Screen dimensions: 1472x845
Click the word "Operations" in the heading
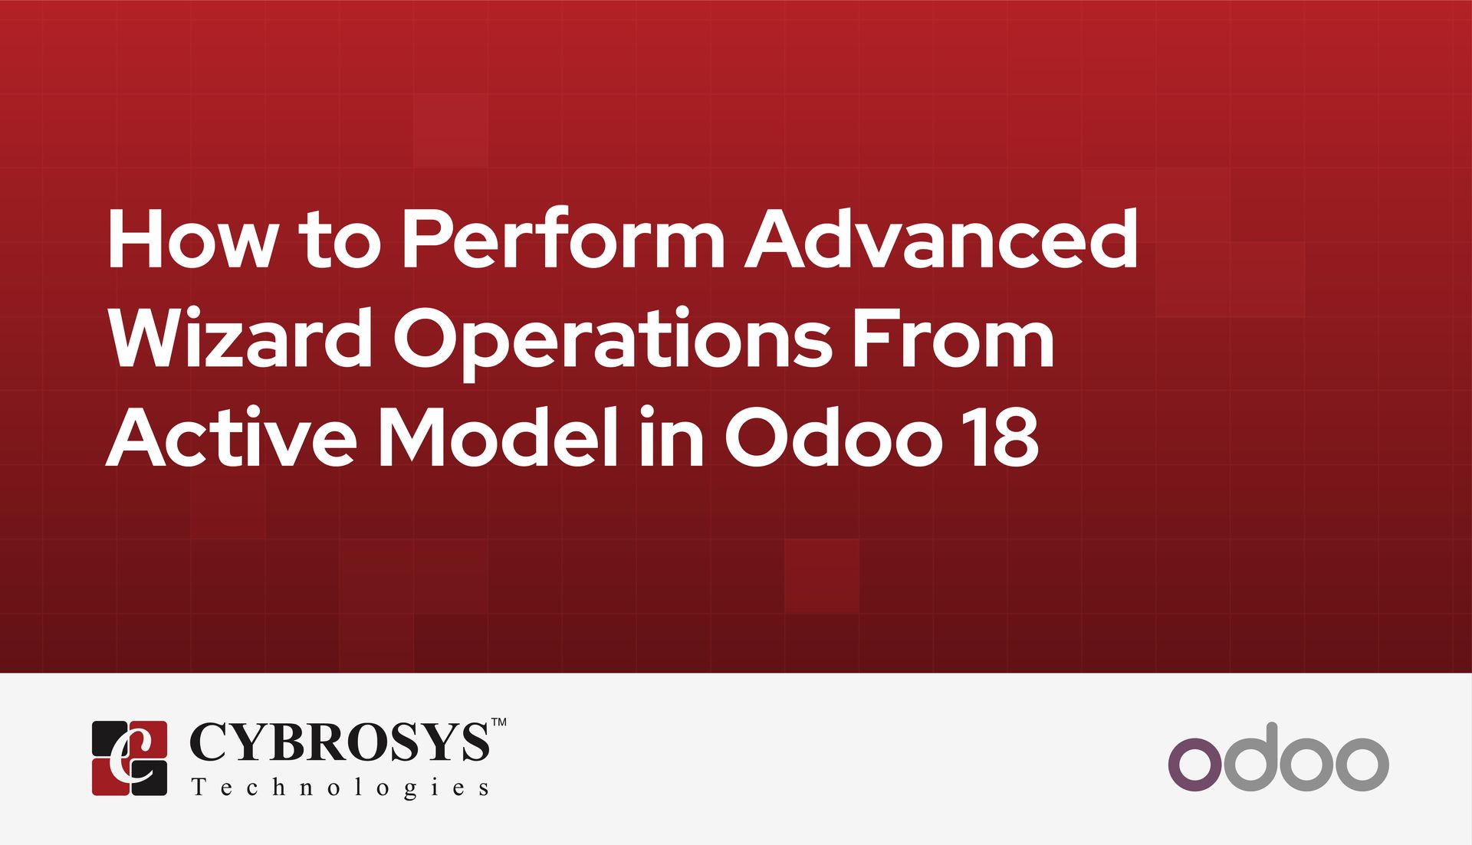[x=613, y=342]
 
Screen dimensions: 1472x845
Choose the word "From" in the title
[x=955, y=337]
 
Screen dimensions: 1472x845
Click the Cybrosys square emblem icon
[x=130, y=758]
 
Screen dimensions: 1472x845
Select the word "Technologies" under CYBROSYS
[x=340, y=788]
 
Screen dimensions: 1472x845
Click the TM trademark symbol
[x=498, y=722]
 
